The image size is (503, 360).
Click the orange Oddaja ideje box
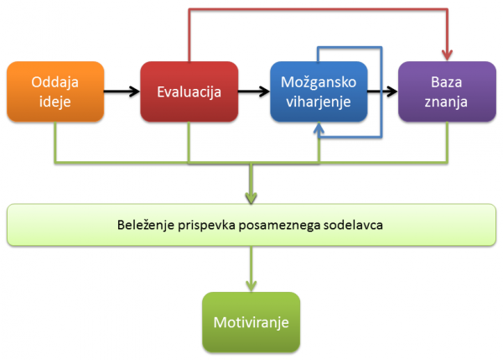(x=55, y=91)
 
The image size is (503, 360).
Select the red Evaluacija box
(x=189, y=91)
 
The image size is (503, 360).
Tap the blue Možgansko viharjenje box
(x=319, y=91)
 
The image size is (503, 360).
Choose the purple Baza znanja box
(x=444, y=91)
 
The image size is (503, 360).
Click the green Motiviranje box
(x=251, y=322)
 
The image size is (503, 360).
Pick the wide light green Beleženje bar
(x=251, y=225)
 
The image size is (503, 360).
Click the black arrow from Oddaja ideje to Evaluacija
(x=122, y=91)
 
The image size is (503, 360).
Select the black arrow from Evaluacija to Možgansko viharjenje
(x=253, y=91)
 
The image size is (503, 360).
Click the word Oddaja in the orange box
(x=55, y=82)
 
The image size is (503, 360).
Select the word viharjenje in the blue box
(x=319, y=102)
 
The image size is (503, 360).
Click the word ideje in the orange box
(x=55, y=102)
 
